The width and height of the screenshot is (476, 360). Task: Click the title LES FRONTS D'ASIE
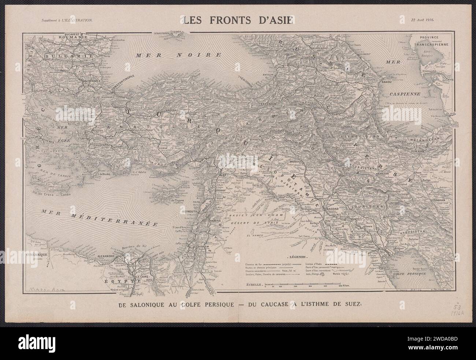click(238, 21)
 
